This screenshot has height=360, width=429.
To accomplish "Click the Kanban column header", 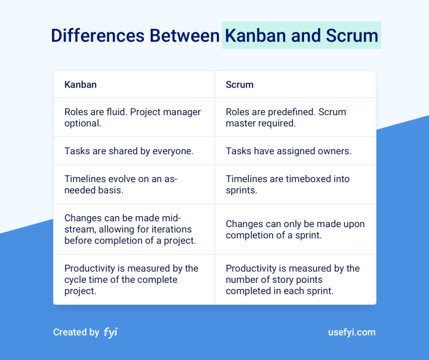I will point(80,84).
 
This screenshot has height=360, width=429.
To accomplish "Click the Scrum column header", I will point(240,84).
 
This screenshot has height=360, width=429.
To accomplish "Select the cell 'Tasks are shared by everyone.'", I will point(129,151).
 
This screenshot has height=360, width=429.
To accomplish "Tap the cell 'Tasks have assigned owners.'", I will point(288,151).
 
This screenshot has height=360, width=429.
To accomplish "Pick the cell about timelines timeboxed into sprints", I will point(287,184).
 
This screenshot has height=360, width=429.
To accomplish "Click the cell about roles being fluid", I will point(131,118).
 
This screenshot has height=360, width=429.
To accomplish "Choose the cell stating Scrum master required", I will point(286,118).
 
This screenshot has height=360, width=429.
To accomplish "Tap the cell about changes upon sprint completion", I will point(295,230).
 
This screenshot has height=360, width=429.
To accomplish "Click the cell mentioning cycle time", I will point(131,279).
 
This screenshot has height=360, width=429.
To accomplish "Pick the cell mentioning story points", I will point(292,279).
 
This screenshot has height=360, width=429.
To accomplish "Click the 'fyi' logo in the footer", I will point(110,332).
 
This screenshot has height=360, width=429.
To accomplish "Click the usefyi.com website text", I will point(352,332).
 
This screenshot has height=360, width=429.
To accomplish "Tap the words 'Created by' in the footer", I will point(76,332).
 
